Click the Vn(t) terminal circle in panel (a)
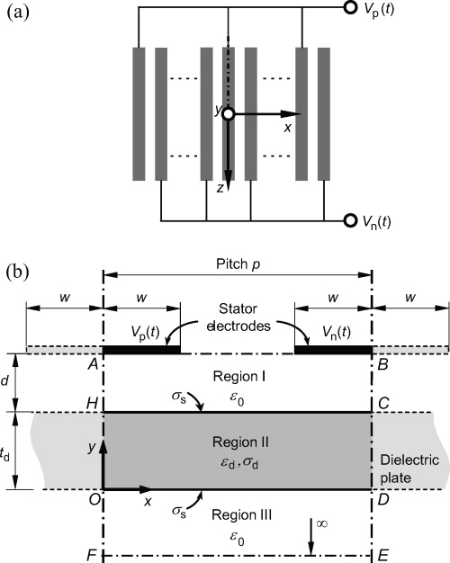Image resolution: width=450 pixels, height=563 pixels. [x=349, y=219]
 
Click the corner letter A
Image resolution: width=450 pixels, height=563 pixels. [x=93, y=365]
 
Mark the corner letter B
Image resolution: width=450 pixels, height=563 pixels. [x=384, y=365]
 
